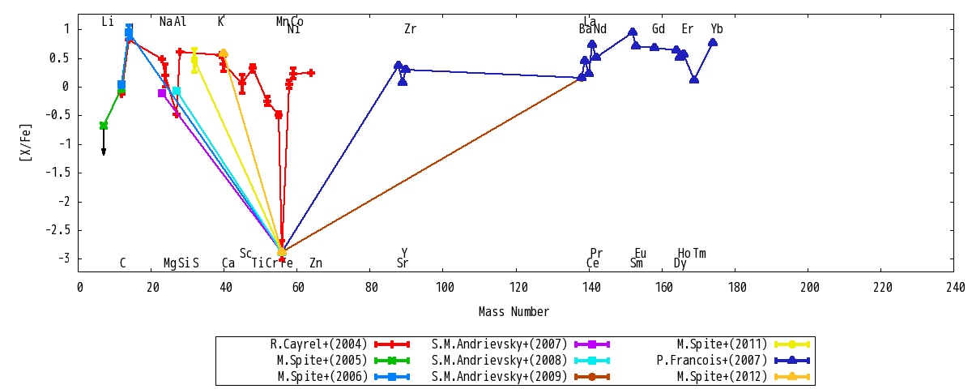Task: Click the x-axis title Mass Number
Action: click(x=514, y=312)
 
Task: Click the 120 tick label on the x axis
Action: click(x=518, y=288)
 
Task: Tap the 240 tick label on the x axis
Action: click(x=955, y=288)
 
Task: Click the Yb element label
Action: click(x=717, y=29)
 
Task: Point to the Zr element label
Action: click(x=411, y=29)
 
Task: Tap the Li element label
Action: click(x=108, y=22)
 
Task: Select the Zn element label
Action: click(x=316, y=263)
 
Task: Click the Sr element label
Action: click(x=403, y=263)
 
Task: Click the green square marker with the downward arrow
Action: click(x=104, y=126)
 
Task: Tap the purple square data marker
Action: click(x=162, y=93)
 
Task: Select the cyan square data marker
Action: click(x=177, y=91)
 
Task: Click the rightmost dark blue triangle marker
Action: click(x=713, y=42)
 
